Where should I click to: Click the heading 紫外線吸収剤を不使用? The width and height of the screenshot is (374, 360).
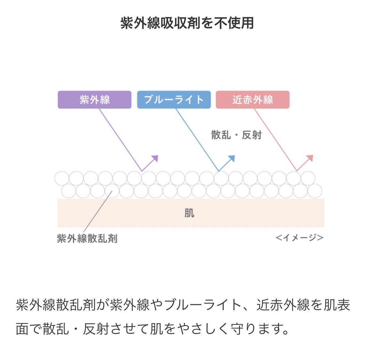(x=187, y=23)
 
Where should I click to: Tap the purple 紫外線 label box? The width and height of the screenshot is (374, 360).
(x=94, y=100)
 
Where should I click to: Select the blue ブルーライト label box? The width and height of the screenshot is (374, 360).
(x=174, y=100)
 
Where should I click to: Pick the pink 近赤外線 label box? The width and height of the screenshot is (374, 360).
(x=252, y=100)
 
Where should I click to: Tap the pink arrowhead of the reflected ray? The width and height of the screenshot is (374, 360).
(x=310, y=158)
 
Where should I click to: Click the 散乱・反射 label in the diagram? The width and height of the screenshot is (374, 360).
(x=236, y=135)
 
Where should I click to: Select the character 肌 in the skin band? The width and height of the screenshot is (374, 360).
(x=189, y=213)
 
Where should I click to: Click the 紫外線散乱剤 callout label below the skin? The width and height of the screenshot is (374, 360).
(x=87, y=238)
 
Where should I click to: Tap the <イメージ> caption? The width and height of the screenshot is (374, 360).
(x=299, y=238)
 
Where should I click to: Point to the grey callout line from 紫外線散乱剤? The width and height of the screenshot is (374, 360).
(x=98, y=211)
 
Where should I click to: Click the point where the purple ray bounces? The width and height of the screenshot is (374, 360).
(x=142, y=171)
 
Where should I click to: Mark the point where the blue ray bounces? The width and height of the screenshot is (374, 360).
(x=219, y=171)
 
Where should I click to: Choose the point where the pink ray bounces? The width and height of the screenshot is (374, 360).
(x=297, y=171)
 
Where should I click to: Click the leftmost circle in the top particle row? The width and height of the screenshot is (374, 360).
(x=62, y=179)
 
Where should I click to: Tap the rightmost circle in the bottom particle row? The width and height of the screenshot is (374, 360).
(x=315, y=191)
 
